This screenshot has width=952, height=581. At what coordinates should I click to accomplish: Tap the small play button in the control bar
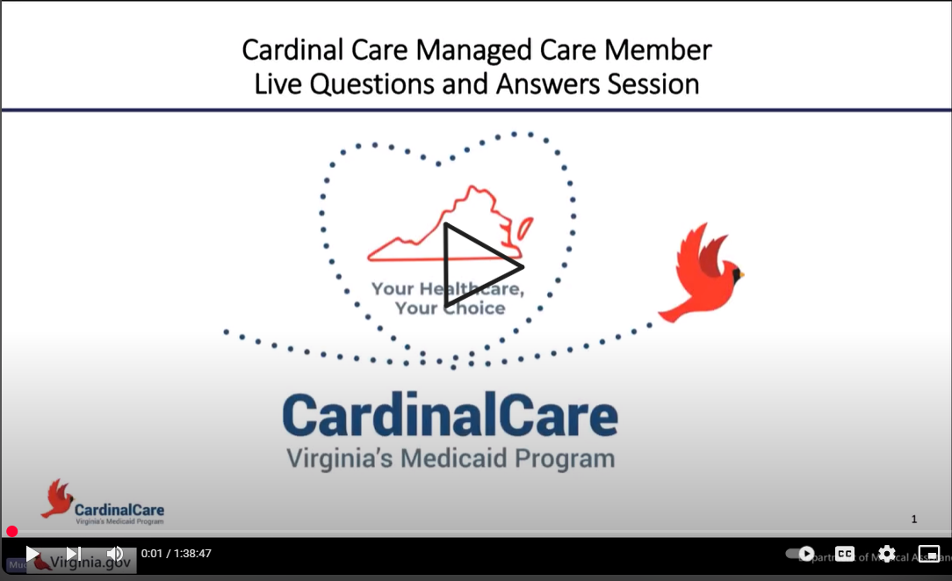pos(32,554)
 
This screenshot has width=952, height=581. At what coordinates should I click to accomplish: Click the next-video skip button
pos(74,554)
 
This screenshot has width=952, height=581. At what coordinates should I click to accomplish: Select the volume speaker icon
pos(114,554)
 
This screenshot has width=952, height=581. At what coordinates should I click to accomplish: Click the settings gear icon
pos(887,554)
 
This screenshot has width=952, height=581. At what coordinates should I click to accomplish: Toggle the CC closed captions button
pos(844,554)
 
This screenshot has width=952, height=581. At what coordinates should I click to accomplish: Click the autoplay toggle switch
pos(800,554)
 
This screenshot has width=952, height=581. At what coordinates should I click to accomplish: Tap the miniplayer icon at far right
pos(928,554)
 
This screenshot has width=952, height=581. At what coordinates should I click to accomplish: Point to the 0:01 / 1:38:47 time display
pos(177,554)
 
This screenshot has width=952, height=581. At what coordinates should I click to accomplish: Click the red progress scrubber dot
pos(12,531)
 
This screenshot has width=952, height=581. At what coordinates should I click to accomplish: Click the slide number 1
pos(913,519)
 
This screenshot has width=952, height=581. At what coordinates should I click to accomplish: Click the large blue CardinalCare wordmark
pos(450,415)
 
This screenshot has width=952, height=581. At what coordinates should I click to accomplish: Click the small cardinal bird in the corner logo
pos(57,498)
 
